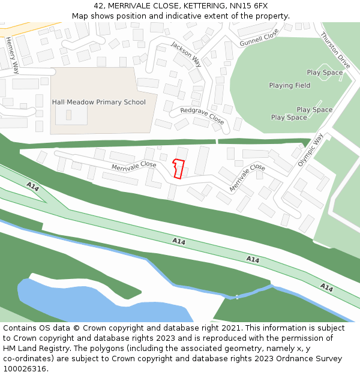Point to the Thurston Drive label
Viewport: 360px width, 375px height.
pos(335,50)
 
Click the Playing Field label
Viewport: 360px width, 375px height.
pos(290,86)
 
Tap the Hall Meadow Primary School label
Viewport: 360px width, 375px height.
pos(99,102)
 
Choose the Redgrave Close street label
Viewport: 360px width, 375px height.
pos(202,116)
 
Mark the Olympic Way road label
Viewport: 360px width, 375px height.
pos(311,149)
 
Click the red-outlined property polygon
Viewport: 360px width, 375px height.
pos(178,169)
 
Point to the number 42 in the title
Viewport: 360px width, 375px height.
pos(98,6)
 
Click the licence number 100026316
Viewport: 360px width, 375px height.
pos(24,369)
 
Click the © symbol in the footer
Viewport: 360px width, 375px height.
pos(76,328)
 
